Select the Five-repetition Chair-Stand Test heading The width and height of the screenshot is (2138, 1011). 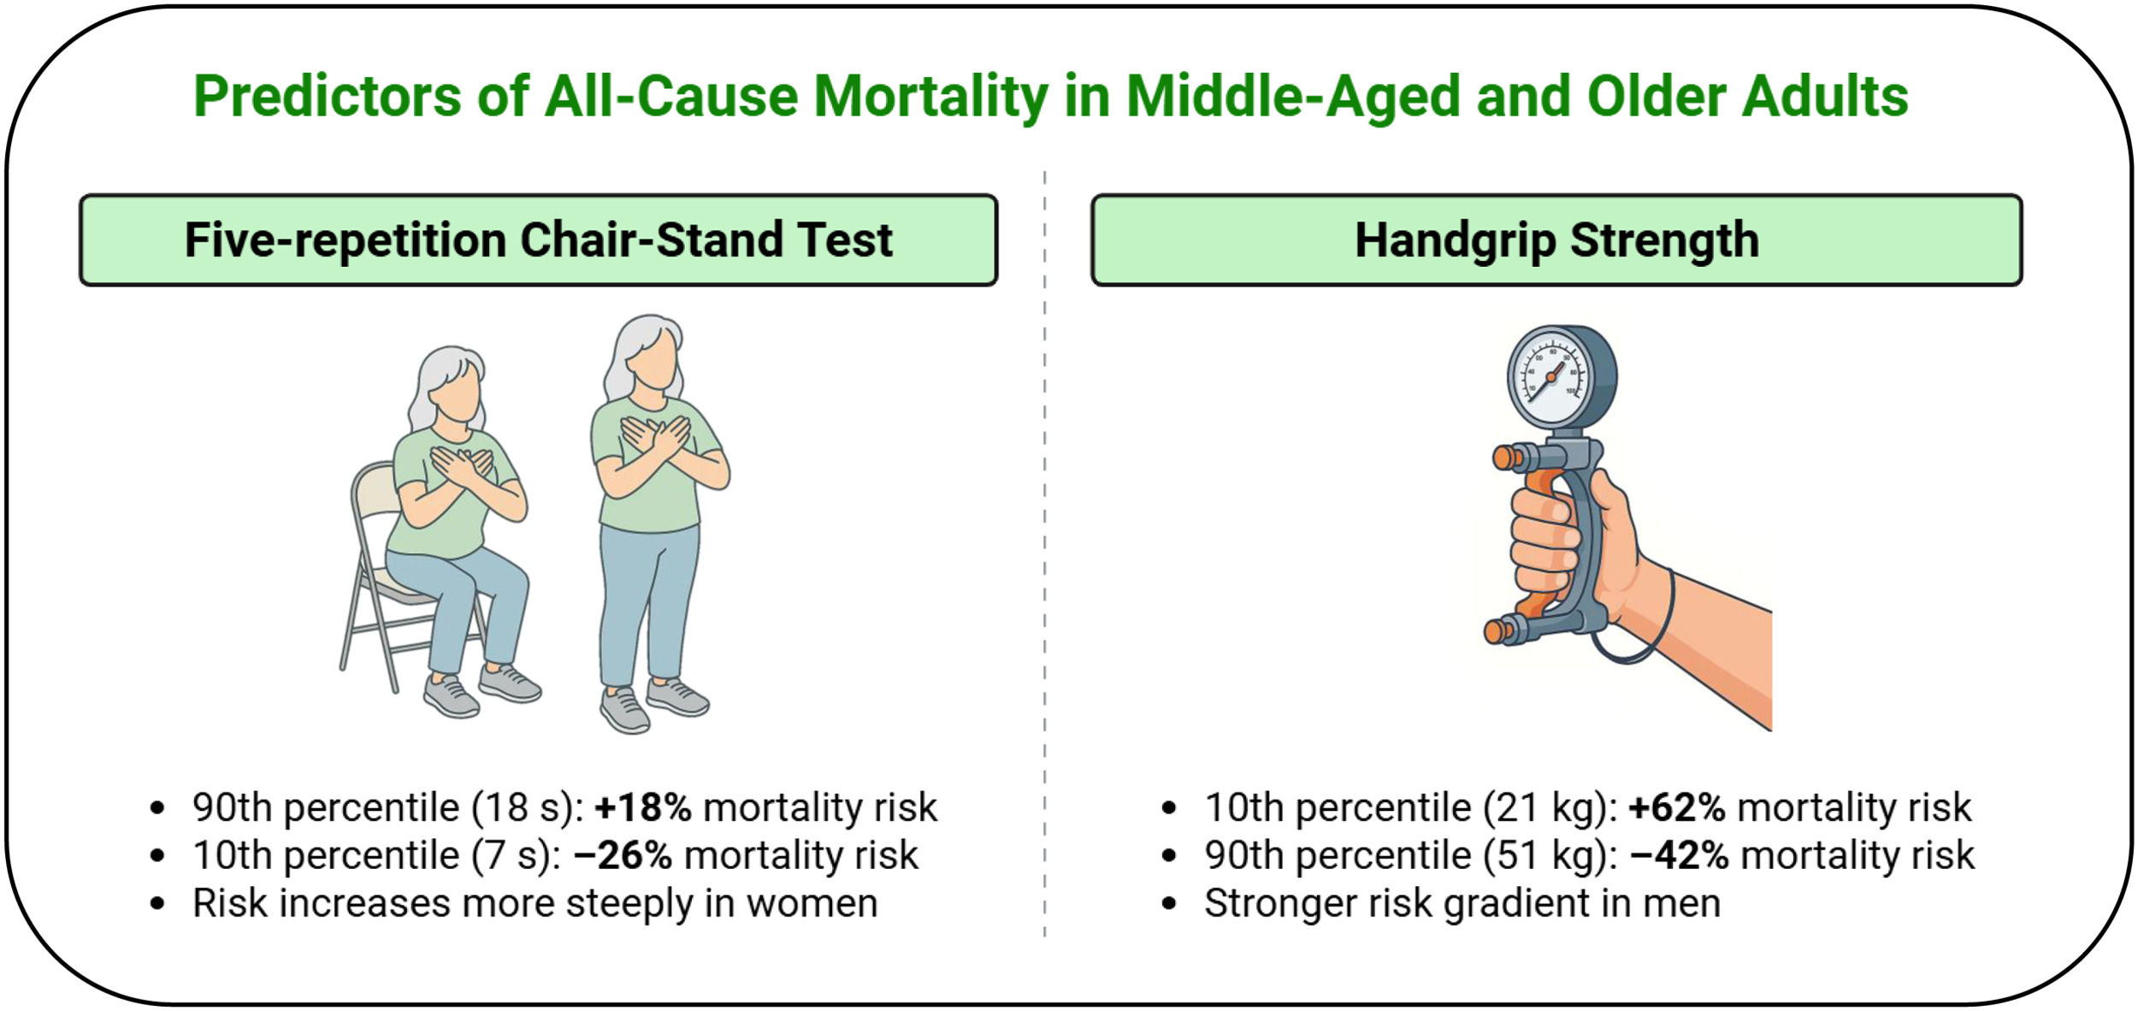point(539,239)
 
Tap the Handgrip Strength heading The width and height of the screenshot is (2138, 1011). point(1556,240)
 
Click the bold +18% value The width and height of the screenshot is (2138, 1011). point(643,807)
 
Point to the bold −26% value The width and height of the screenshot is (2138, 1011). point(623,855)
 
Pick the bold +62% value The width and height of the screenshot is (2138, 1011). point(1677,807)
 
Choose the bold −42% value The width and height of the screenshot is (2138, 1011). point(1680,855)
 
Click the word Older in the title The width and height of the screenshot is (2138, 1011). point(1657,97)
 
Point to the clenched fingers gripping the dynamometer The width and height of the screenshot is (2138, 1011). point(1544,547)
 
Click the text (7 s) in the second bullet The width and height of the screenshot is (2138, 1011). point(517,855)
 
